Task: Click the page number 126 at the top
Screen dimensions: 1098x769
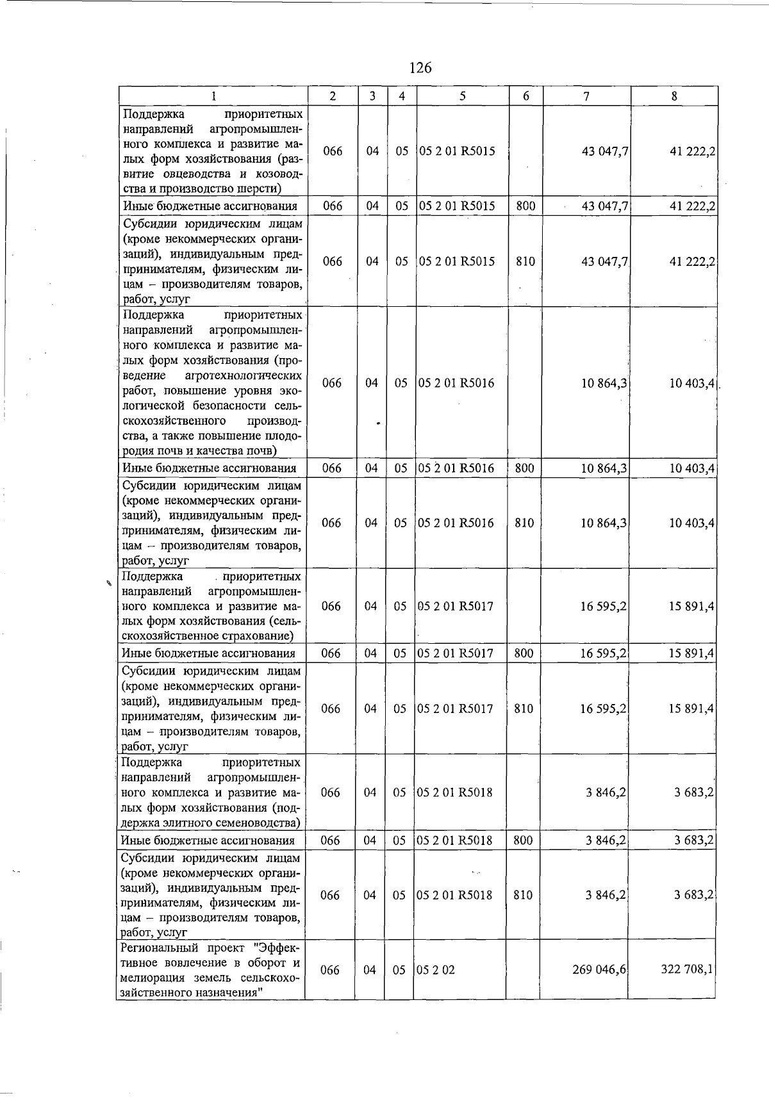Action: click(x=420, y=67)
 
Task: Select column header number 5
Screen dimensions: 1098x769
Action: click(x=462, y=96)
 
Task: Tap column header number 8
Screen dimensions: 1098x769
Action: click(x=674, y=96)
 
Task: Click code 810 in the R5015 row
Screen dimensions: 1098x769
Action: click(x=525, y=261)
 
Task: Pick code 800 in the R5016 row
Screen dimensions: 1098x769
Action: click(x=524, y=468)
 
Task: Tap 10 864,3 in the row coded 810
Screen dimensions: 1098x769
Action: click(x=604, y=523)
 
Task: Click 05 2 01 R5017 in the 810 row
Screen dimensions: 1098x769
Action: click(x=455, y=709)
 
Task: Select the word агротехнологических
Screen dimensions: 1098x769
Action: click(x=243, y=375)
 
